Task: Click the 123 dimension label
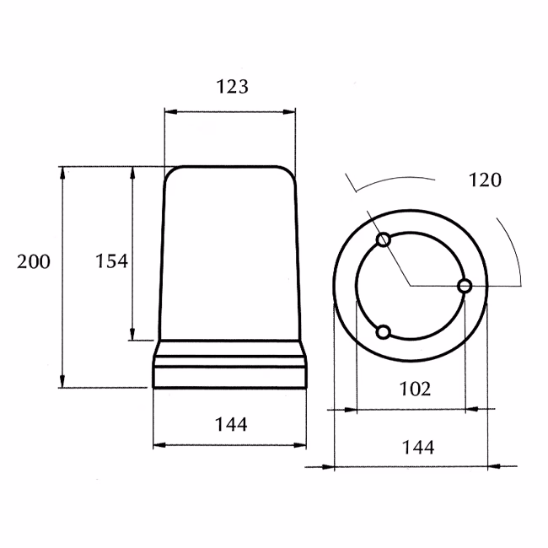(x=233, y=86)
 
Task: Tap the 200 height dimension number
(x=34, y=261)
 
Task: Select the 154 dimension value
(x=112, y=261)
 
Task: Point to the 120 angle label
(x=485, y=180)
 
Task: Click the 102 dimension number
(x=415, y=389)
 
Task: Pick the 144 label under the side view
(x=231, y=425)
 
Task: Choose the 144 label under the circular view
(x=418, y=448)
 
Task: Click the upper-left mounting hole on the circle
(x=384, y=239)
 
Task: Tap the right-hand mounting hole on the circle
(x=465, y=287)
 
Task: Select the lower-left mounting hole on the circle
(x=384, y=332)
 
